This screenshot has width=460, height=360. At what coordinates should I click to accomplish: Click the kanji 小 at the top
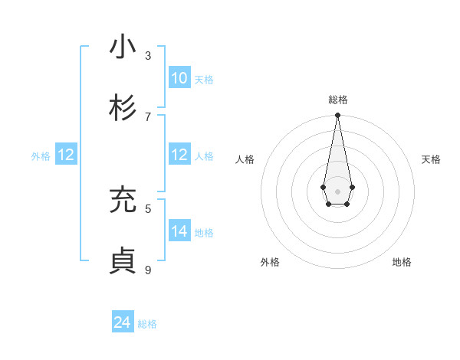tap(123, 47)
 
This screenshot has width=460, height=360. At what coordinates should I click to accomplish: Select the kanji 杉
tap(123, 108)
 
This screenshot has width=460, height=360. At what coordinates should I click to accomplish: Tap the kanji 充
tap(123, 200)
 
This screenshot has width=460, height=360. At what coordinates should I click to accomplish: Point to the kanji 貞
tap(123, 261)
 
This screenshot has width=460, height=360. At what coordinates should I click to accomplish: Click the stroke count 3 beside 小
tap(148, 55)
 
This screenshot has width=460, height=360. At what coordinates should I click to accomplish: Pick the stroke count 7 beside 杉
tap(148, 116)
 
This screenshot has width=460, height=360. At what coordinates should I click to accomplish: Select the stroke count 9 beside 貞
tap(148, 270)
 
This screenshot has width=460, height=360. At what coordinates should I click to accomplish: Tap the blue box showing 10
tap(179, 78)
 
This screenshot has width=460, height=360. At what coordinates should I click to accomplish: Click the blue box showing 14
tap(179, 231)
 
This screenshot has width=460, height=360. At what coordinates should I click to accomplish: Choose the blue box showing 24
tap(123, 322)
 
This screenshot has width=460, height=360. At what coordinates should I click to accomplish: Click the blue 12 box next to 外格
tap(66, 155)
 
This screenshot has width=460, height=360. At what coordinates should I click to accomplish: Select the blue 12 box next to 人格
tap(179, 155)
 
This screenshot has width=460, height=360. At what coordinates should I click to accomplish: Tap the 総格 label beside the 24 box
tap(147, 324)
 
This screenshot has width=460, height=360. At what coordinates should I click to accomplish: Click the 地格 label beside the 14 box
tap(204, 233)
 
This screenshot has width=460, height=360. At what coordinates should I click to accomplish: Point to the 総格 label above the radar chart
tap(337, 100)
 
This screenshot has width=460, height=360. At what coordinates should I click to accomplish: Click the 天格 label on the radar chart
tap(431, 159)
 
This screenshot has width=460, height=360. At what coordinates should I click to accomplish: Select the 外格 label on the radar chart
tap(270, 262)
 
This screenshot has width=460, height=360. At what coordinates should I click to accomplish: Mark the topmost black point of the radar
tap(337, 116)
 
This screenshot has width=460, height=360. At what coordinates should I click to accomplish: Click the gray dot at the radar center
tap(337, 191)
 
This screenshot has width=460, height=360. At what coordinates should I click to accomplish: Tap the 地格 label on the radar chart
tap(402, 262)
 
